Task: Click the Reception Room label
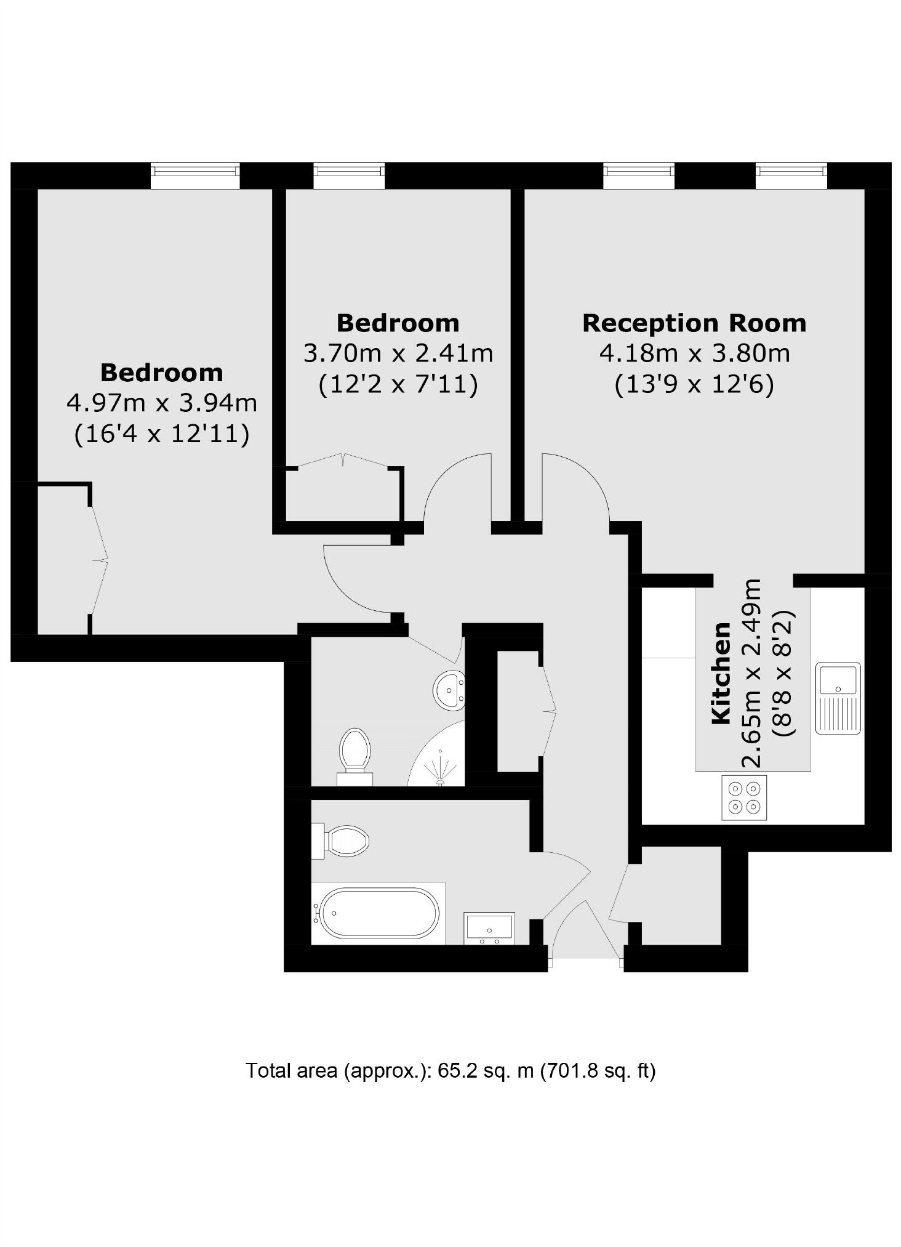click(x=694, y=323)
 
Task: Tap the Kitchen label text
click(x=721, y=673)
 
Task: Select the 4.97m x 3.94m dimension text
click(x=161, y=403)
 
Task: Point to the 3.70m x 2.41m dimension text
click(x=398, y=353)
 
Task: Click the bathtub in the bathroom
click(x=377, y=913)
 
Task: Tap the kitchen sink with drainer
click(x=838, y=698)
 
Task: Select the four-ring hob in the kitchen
click(x=744, y=797)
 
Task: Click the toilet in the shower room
click(x=355, y=755)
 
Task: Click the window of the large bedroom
click(x=195, y=176)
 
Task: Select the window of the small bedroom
click(x=349, y=176)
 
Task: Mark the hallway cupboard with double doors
click(x=519, y=711)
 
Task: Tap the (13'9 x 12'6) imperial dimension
click(x=694, y=385)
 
